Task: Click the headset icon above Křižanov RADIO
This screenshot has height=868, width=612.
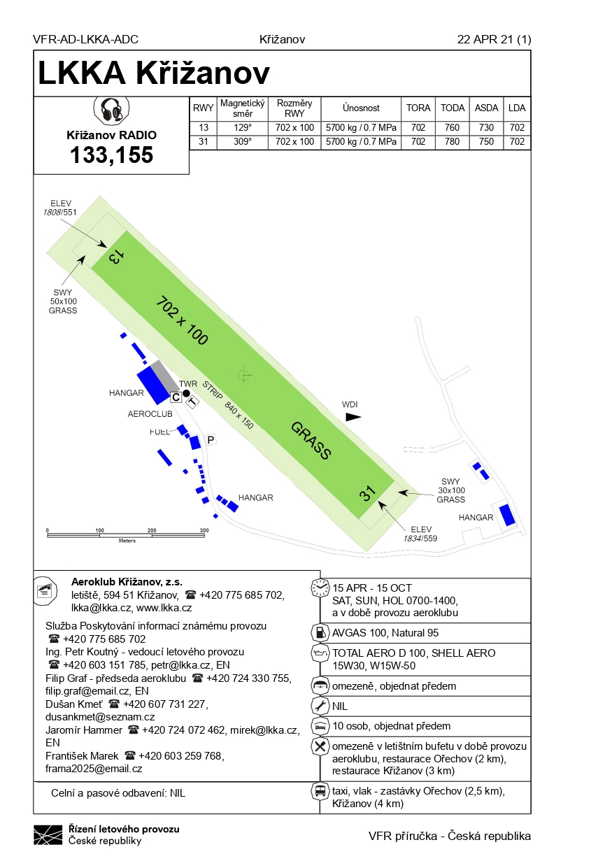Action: [x=111, y=111]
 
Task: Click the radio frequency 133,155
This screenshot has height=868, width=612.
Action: [x=111, y=155]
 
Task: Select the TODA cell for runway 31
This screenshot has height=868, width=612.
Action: [x=453, y=142]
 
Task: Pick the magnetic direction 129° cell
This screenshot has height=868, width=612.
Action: [x=241, y=128]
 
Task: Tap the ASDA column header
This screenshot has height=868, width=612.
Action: [x=486, y=108]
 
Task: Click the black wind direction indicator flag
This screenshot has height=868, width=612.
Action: [x=353, y=416]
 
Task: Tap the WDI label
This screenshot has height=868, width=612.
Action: [x=350, y=404]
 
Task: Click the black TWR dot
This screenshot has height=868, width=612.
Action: [x=186, y=393]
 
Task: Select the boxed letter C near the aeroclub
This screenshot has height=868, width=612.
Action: [x=176, y=397]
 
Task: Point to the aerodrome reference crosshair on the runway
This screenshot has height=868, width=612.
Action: [x=243, y=375]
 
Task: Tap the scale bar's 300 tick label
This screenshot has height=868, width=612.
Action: [x=204, y=531]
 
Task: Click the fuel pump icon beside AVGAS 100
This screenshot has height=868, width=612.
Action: [x=320, y=632]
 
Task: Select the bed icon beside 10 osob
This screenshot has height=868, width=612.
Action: [x=320, y=726]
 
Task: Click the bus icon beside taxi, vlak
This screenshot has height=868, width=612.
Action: [x=320, y=792]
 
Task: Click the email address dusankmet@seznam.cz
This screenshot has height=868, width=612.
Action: [x=100, y=717]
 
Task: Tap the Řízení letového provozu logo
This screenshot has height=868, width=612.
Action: [x=48, y=834]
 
